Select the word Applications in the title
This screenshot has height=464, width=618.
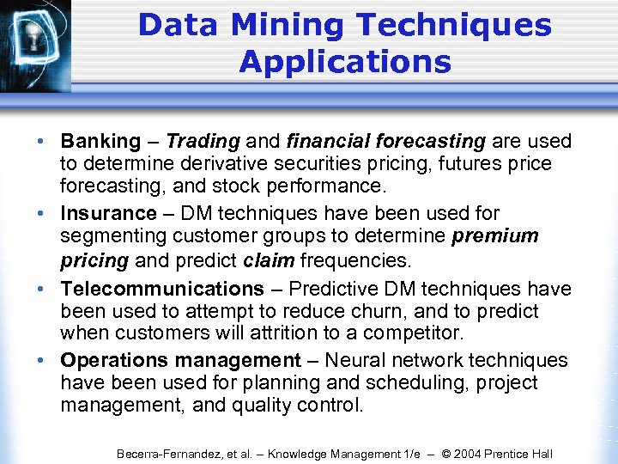[x=345, y=62]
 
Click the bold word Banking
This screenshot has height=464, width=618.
[x=100, y=141]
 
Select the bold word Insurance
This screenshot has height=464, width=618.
[x=108, y=213]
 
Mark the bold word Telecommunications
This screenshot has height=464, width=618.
[x=161, y=289]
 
